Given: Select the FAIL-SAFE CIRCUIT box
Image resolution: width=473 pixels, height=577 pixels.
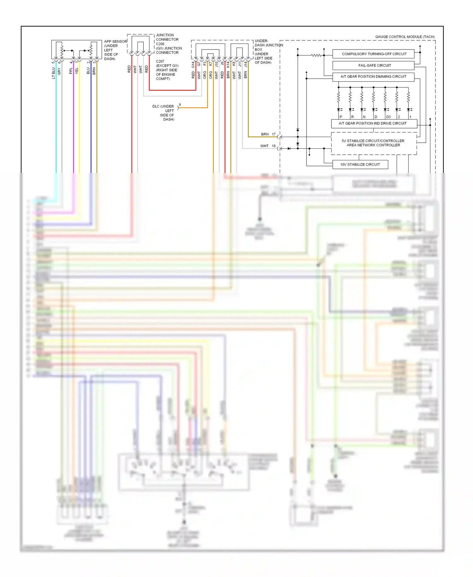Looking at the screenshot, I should click(x=374, y=65).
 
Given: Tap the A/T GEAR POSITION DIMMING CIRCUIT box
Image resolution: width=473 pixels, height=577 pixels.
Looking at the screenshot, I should click(x=373, y=76).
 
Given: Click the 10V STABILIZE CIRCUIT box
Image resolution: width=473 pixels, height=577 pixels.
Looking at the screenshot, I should click(x=360, y=164).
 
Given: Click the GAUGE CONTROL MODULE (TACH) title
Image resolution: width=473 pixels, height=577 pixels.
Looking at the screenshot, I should click(x=405, y=37).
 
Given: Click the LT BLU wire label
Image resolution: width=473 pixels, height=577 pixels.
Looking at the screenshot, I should click(x=54, y=73).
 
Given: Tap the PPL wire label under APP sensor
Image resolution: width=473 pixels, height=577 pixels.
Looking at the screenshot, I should click(x=71, y=71).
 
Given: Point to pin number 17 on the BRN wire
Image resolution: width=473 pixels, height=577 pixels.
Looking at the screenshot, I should click(x=274, y=134).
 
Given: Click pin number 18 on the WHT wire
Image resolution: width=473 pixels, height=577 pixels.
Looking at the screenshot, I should click(x=274, y=146).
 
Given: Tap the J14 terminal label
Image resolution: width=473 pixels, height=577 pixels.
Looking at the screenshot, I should click(x=246, y=64).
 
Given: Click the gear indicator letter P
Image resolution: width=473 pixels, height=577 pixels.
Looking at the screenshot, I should click(x=341, y=117).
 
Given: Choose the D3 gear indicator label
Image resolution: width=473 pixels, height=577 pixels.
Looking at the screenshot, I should click(x=388, y=117).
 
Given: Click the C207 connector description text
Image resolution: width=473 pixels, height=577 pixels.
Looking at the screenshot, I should click(x=167, y=70).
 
